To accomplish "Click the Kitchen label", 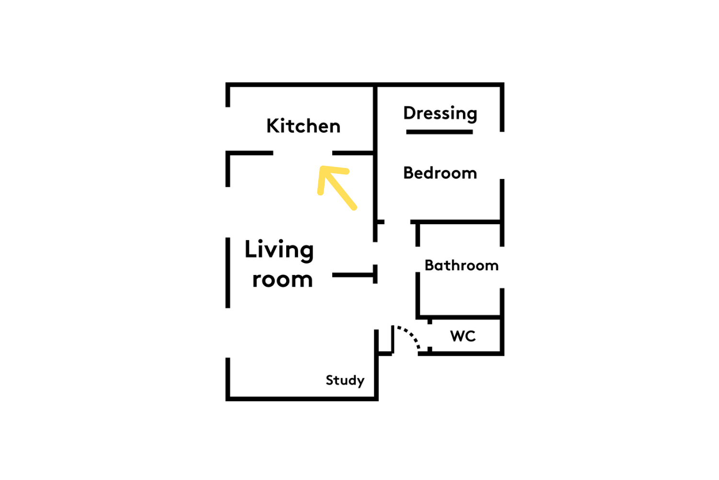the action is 303,126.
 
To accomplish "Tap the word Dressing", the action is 441,113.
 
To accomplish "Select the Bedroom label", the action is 440,173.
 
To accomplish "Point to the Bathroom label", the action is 462,265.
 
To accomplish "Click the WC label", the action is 463,336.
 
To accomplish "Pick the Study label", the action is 345,381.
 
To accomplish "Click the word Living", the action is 279,250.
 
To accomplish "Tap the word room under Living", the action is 282,279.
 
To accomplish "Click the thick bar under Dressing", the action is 440,132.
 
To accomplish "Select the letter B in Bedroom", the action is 409,173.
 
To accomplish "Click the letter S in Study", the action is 330,380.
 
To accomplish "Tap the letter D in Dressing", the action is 410,113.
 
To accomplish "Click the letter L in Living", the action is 250,249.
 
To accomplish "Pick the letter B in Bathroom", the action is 429,265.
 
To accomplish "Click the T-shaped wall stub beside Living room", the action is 355,275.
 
